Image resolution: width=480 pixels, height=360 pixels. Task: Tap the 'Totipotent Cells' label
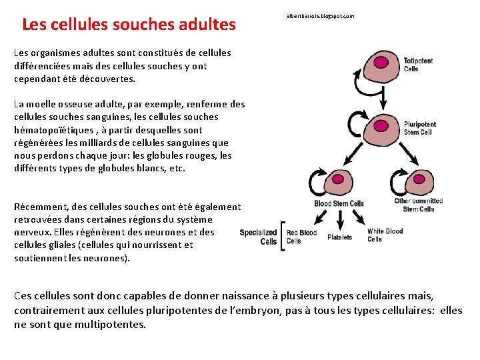tap(418, 65)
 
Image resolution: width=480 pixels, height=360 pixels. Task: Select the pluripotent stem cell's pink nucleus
tap(383, 123)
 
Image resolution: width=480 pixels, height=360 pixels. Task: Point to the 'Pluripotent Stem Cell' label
tap(420, 127)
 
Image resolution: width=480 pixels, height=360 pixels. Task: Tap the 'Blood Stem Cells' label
tap(339, 203)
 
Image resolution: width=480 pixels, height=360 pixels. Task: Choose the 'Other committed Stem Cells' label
tap(419, 205)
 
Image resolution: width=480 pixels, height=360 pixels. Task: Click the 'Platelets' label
tap(340, 237)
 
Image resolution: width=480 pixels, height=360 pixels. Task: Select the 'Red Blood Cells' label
tap(301, 237)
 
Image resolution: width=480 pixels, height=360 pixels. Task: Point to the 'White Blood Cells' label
tap(385, 235)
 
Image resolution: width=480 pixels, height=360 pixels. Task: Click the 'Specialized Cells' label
tap(259, 237)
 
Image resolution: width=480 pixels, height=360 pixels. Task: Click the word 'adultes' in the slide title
tap(207, 25)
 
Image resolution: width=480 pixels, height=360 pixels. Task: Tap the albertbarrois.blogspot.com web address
tap(320, 15)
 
